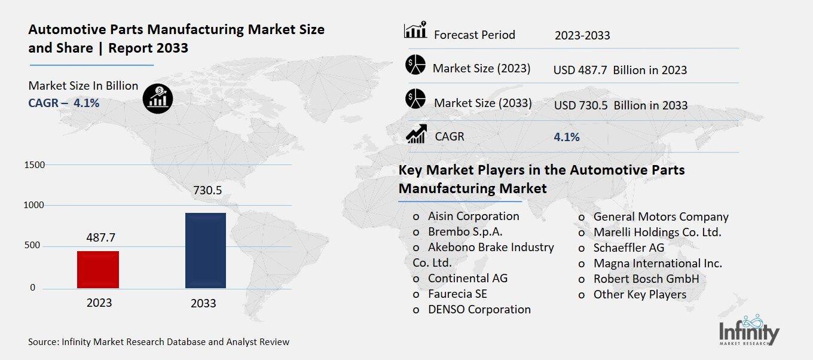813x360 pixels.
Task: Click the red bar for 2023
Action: [98, 269]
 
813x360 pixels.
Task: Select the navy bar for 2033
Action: [205, 250]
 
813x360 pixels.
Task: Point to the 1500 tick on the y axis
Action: [34, 165]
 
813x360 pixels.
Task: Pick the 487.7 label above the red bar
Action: [100, 237]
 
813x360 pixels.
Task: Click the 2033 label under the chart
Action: [203, 303]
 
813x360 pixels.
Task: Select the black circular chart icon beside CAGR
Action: [158, 97]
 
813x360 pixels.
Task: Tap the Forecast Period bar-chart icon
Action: [415, 30]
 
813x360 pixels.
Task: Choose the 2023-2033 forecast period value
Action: [582, 35]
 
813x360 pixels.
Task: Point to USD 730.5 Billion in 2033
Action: [621, 105]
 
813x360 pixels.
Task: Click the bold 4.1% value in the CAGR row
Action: [567, 137]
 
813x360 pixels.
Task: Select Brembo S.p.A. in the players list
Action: [465, 232]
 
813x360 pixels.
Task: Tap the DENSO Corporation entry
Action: [479, 309]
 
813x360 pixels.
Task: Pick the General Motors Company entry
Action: [661, 216]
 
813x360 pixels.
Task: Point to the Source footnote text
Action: [158, 342]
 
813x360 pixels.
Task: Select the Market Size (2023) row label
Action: [481, 68]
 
